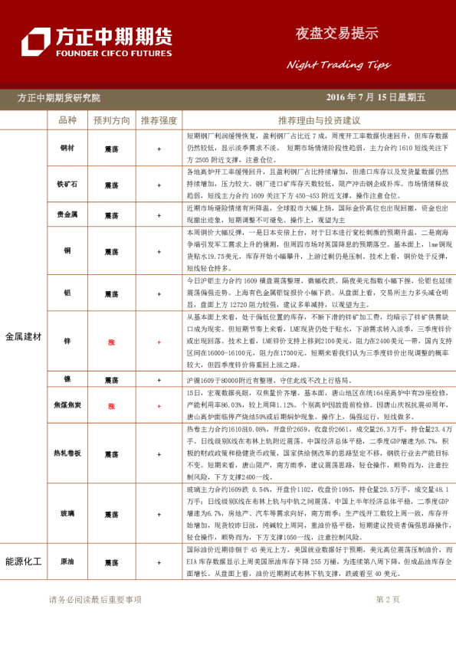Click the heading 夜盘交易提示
337,33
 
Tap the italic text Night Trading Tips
338,64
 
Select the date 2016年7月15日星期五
376,97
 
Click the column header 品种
67,121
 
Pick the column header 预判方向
111,121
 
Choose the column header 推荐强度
159,121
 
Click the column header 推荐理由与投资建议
319,121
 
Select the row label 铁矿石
67,185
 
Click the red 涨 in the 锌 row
111,342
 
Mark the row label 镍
67,380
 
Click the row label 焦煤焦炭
67,403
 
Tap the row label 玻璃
67,515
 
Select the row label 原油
67,562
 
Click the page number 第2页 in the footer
388,600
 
